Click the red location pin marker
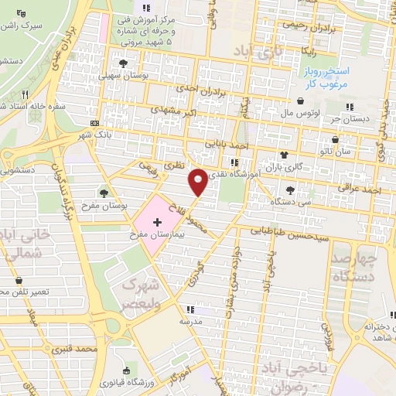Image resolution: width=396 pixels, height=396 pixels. [x=198, y=181]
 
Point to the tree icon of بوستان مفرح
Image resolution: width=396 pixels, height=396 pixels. [x=104, y=193]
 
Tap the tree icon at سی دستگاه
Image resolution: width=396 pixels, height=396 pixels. [x=290, y=189]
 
